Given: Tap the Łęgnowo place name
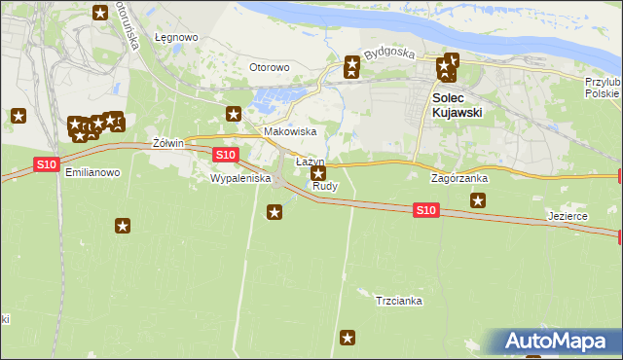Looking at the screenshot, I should [176, 37].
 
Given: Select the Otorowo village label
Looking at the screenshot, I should [270, 67].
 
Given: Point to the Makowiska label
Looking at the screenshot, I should [284, 131].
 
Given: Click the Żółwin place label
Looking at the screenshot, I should [168, 143].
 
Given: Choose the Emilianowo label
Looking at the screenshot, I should [92, 172].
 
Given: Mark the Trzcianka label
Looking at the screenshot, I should [398, 301].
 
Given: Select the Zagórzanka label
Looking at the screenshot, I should [458, 179].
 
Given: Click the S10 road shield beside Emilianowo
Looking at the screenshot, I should [46, 164].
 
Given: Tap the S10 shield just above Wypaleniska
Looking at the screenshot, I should [225, 155].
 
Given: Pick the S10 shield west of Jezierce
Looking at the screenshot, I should [425, 209].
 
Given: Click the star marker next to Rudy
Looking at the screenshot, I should [317, 173].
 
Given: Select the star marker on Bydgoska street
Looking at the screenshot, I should [352, 66].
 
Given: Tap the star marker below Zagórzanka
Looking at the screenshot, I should [478, 200].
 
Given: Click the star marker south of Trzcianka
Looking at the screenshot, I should [348, 338].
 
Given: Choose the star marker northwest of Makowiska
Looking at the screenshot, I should [234, 114].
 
